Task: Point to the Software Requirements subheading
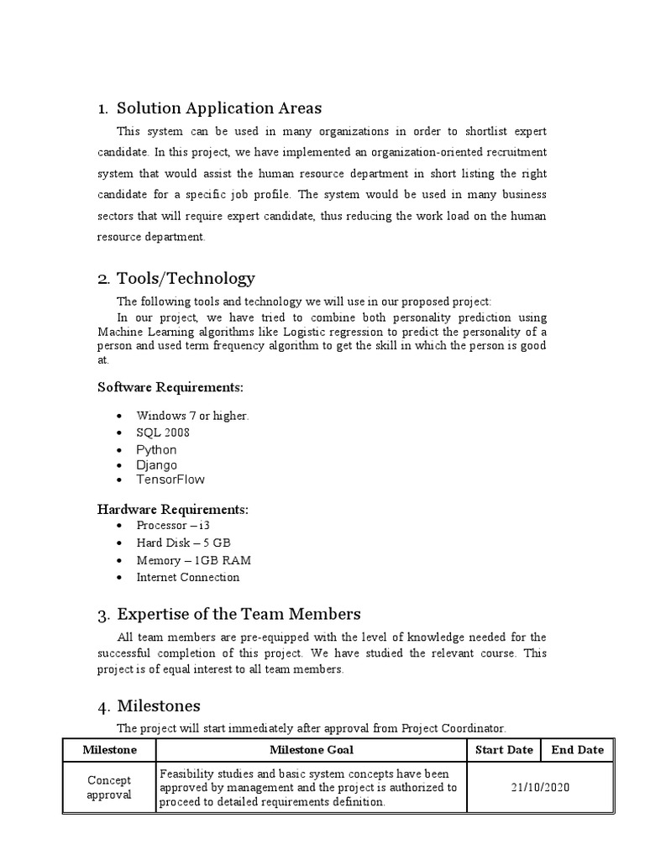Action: (170, 387)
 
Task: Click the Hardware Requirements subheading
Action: (173, 510)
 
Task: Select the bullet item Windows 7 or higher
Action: (192, 416)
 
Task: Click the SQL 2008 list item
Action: (163, 433)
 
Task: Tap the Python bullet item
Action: (156, 449)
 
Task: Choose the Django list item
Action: (156, 464)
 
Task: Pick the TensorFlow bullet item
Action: (170, 480)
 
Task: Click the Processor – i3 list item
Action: (167, 526)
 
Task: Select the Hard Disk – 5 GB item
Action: (183, 543)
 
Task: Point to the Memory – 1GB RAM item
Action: (193, 560)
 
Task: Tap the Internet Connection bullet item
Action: (187, 577)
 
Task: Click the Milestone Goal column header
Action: (311, 750)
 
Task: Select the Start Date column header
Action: (504, 750)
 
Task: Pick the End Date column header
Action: (577, 750)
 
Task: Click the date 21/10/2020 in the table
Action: (541, 787)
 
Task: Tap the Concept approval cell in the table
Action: (109, 787)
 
